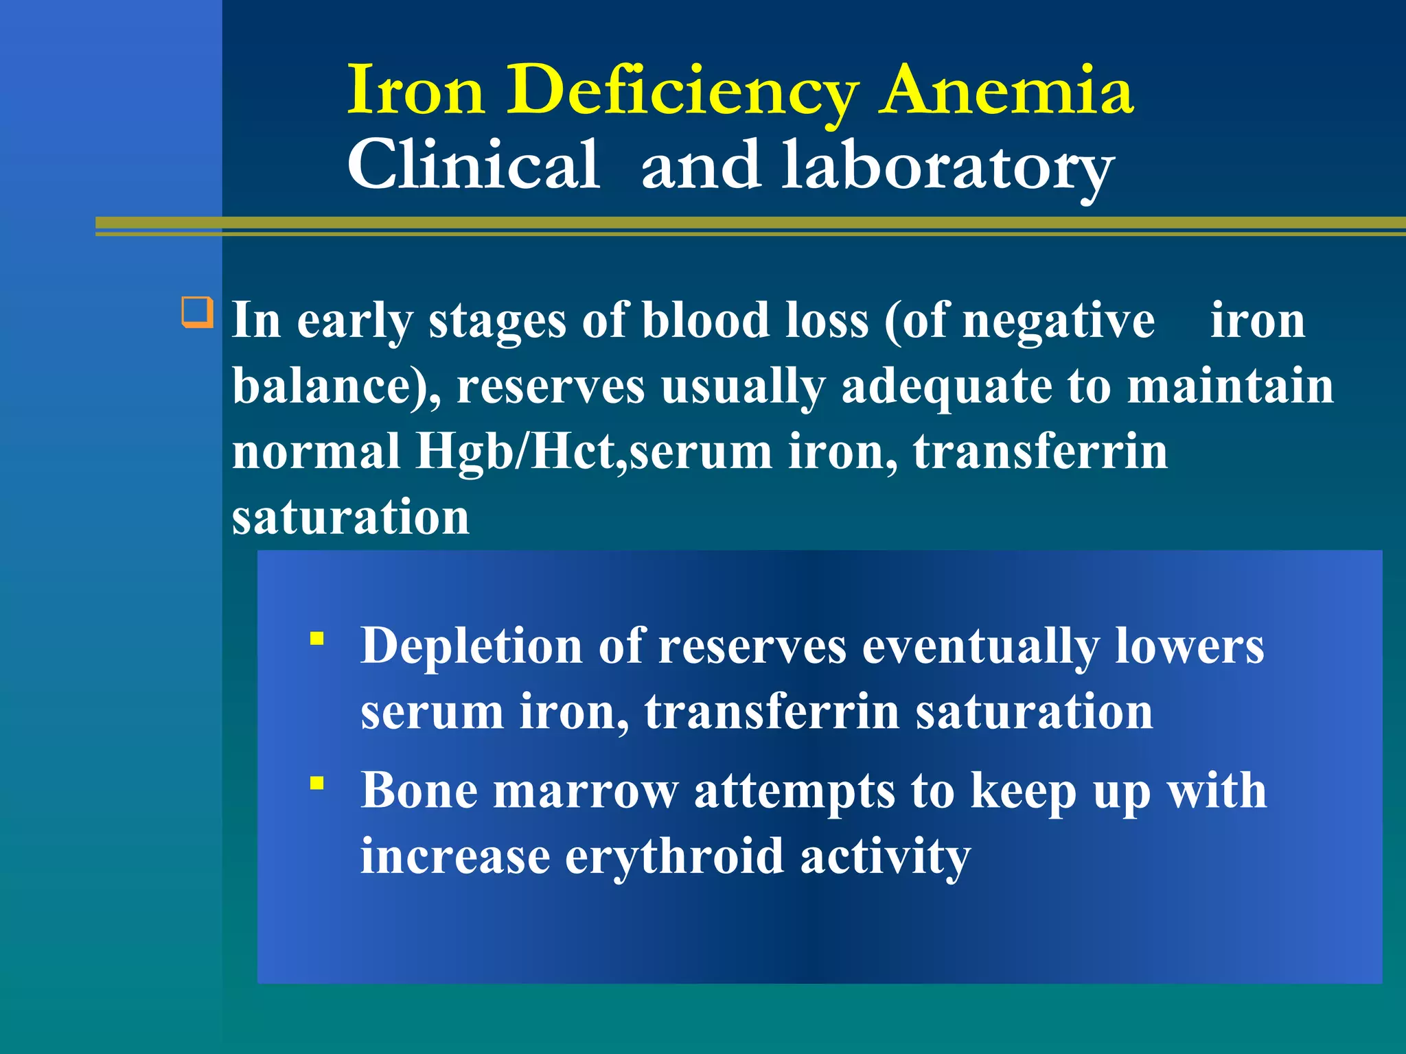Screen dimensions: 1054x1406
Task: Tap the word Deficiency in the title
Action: click(x=682, y=91)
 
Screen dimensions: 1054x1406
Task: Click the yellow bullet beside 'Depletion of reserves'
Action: click(x=316, y=639)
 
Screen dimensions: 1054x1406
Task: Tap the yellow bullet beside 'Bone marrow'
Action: click(x=316, y=783)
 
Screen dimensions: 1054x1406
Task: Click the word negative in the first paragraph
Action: click(x=1058, y=320)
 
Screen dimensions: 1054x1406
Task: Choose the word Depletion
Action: click(x=472, y=646)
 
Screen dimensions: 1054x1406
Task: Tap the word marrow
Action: click(x=586, y=790)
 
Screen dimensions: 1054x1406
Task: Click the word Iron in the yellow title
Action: click(x=417, y=91)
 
